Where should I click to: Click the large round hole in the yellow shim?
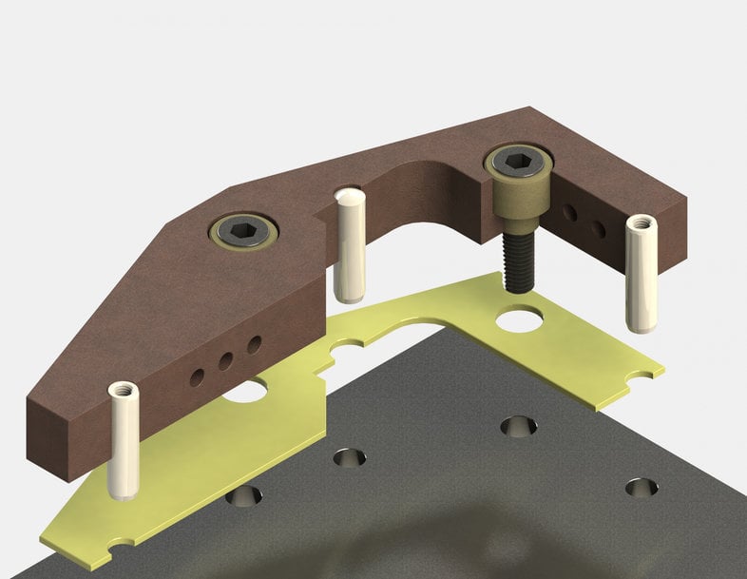[520, 319]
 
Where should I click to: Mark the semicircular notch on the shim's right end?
[646, 374]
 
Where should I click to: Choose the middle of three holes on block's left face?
[225, 361]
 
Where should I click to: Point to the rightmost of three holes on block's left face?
[254, 345]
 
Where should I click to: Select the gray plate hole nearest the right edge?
[642, 487]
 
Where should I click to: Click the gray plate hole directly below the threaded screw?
[518, 426]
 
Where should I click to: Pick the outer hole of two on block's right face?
[598, 229]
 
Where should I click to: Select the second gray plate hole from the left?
[349, 457]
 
